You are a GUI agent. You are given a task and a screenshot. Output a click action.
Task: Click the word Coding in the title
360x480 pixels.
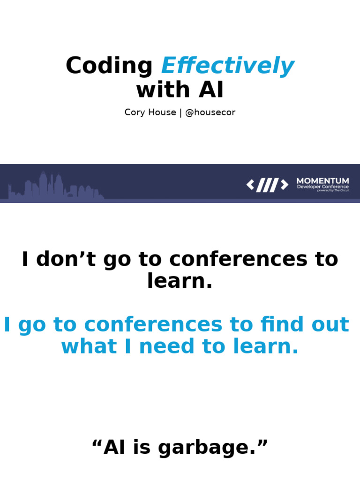tap(109, 66)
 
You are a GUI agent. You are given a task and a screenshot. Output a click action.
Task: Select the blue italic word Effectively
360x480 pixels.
tap(228, 66)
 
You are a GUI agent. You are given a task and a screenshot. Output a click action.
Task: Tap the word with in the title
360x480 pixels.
tap(162, 90)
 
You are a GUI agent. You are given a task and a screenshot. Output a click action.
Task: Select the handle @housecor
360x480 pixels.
tap(210, 112)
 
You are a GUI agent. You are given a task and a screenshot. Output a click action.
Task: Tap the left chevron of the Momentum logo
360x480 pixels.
tap(251, 185)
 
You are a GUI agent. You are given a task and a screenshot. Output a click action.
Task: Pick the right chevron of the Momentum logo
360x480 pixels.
tap(284, 185)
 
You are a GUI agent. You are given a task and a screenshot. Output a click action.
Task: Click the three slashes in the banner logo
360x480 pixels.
tap(267, 185)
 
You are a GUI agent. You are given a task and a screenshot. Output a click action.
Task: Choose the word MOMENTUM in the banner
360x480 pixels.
tap(322, 180)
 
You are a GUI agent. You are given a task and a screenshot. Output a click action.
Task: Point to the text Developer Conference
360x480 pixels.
tap(322, 187)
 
